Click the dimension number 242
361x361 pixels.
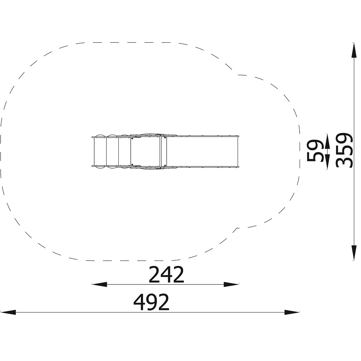point(166,274)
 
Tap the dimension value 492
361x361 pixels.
point(151,302)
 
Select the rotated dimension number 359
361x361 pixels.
point(344,150)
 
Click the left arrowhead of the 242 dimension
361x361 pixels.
point(99,284)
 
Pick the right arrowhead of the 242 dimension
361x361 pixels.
point(231,284)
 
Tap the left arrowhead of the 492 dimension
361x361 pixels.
point(8,312)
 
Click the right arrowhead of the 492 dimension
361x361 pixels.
point(292,312)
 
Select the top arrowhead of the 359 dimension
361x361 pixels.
point(353,50)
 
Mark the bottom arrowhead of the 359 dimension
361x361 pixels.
point(353,253)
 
